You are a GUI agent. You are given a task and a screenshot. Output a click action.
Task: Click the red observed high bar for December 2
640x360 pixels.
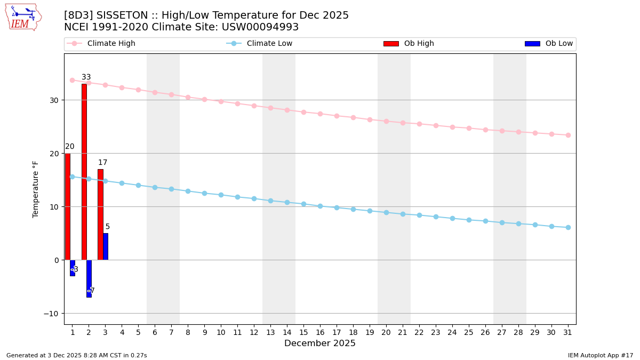point(84,171)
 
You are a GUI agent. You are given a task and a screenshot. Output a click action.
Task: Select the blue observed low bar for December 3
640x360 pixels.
point(106,246)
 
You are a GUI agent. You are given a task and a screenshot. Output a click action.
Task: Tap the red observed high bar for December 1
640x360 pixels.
point(67,206)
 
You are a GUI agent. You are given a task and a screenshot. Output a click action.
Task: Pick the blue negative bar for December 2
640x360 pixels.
point(89,278)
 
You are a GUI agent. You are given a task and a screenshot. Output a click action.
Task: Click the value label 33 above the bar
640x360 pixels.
point(86,77)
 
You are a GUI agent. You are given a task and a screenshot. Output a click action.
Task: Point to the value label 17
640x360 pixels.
point(102,163)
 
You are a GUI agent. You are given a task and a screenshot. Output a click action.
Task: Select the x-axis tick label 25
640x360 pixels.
point(469,332)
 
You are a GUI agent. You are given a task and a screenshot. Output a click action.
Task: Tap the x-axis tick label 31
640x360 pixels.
point(568,332)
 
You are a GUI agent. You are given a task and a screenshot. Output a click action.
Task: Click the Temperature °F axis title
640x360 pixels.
point(36,189)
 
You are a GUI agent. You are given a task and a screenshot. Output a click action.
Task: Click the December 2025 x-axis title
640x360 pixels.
point(319,343)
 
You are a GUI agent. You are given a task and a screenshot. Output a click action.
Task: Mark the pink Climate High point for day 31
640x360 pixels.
point(568,135)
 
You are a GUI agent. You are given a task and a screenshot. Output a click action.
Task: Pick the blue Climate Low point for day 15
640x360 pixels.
point(303,204)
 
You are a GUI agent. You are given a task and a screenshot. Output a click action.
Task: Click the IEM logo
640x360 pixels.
point(23,17)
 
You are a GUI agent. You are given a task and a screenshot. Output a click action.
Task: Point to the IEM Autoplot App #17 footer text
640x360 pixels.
point(600,355)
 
